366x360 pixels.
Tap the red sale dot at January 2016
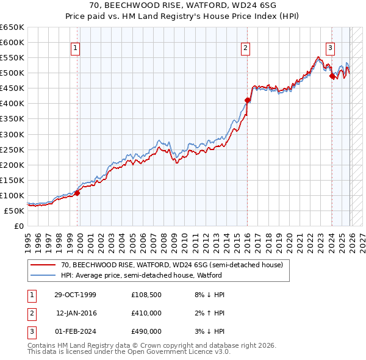coord(247,100)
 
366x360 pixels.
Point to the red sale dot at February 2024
coord(332,76)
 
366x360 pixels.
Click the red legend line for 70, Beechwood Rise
coord(44,265)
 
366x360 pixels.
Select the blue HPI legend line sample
coord(44,275)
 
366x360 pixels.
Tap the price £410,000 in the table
coord(146,313)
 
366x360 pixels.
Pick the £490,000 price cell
coord(146,331)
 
